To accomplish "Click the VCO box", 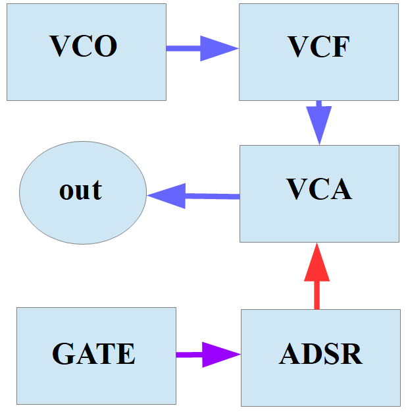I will tap(86, 52).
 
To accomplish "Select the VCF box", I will tap(318, 52).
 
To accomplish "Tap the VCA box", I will tap(319, 193).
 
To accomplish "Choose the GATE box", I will tap(96, 355).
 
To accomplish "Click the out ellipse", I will tap(82, 192).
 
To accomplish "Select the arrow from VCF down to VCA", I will tap(319, 122).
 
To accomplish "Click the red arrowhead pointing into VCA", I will tap(317, 262).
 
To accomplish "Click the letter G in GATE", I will tap(63, 354).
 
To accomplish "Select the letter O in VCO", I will tap(106, 46).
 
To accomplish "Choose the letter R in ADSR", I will tap(352, 354).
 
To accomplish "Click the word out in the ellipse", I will tap(81, 191).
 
